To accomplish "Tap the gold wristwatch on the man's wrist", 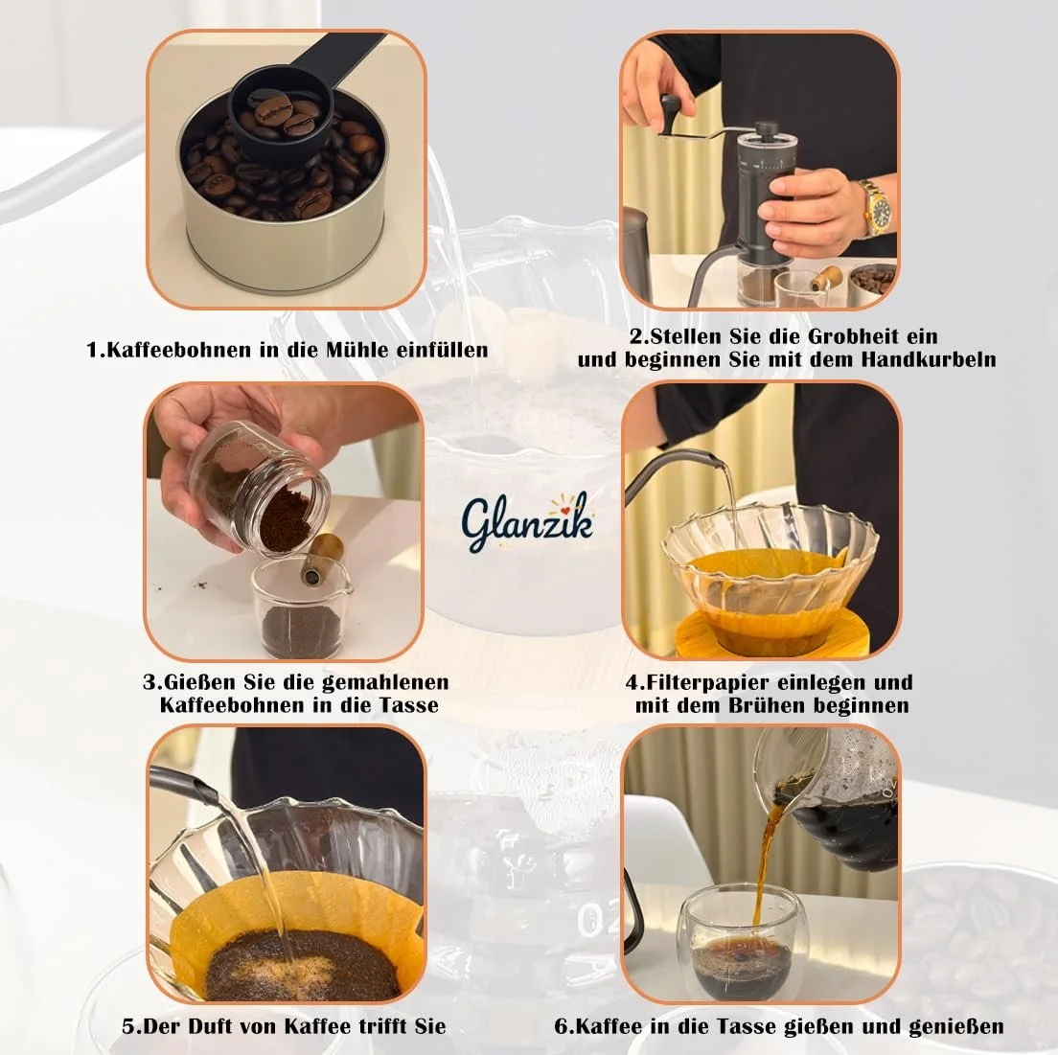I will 875,206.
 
